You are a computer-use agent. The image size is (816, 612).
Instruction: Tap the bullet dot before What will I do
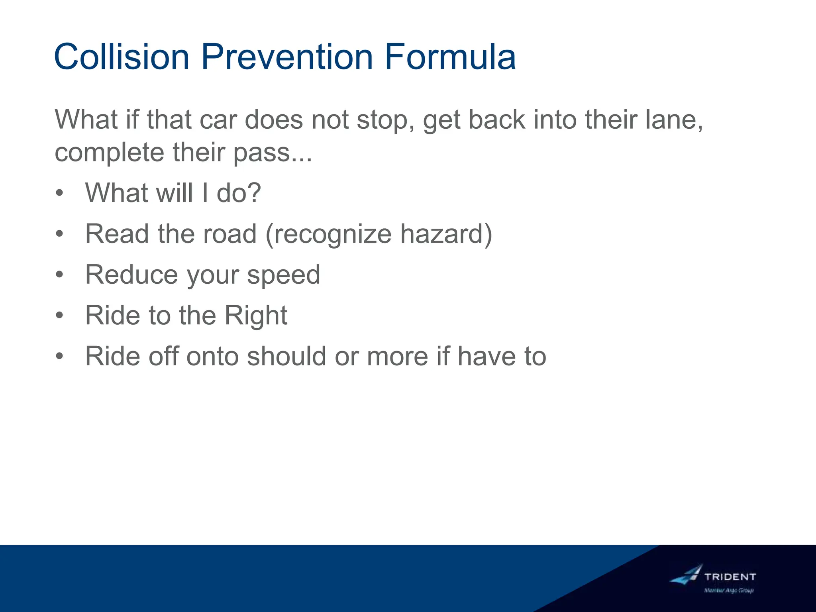pyautogui.click(x=59, y=193)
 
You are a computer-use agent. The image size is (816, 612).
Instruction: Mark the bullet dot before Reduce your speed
pyautogui.click(x=59, y=275)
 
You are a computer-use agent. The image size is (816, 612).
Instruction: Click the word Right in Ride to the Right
pyautogui.click(x=255, y=316)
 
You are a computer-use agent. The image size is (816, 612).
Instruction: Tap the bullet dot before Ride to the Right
pyautogui.click(x=59, y=316)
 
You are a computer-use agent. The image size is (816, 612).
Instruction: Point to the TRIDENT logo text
pyautogui.click(x=730, y=577)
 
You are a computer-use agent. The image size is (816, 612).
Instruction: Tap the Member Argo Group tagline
pyautogui.click(x=729, y=590)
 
